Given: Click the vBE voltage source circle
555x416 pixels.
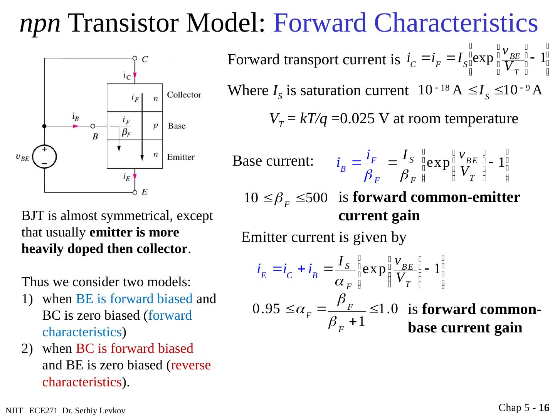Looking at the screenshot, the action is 44,157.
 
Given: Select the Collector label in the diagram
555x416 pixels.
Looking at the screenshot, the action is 184,95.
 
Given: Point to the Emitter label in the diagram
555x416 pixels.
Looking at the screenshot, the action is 181,157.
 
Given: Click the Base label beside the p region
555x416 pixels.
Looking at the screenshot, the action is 177,126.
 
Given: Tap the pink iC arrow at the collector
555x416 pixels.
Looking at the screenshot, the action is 135,74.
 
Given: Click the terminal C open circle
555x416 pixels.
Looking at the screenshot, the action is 135,59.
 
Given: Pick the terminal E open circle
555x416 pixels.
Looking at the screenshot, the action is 135,192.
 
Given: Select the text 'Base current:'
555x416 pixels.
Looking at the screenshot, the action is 273,161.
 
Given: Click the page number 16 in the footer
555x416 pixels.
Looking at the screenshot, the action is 544,408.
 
